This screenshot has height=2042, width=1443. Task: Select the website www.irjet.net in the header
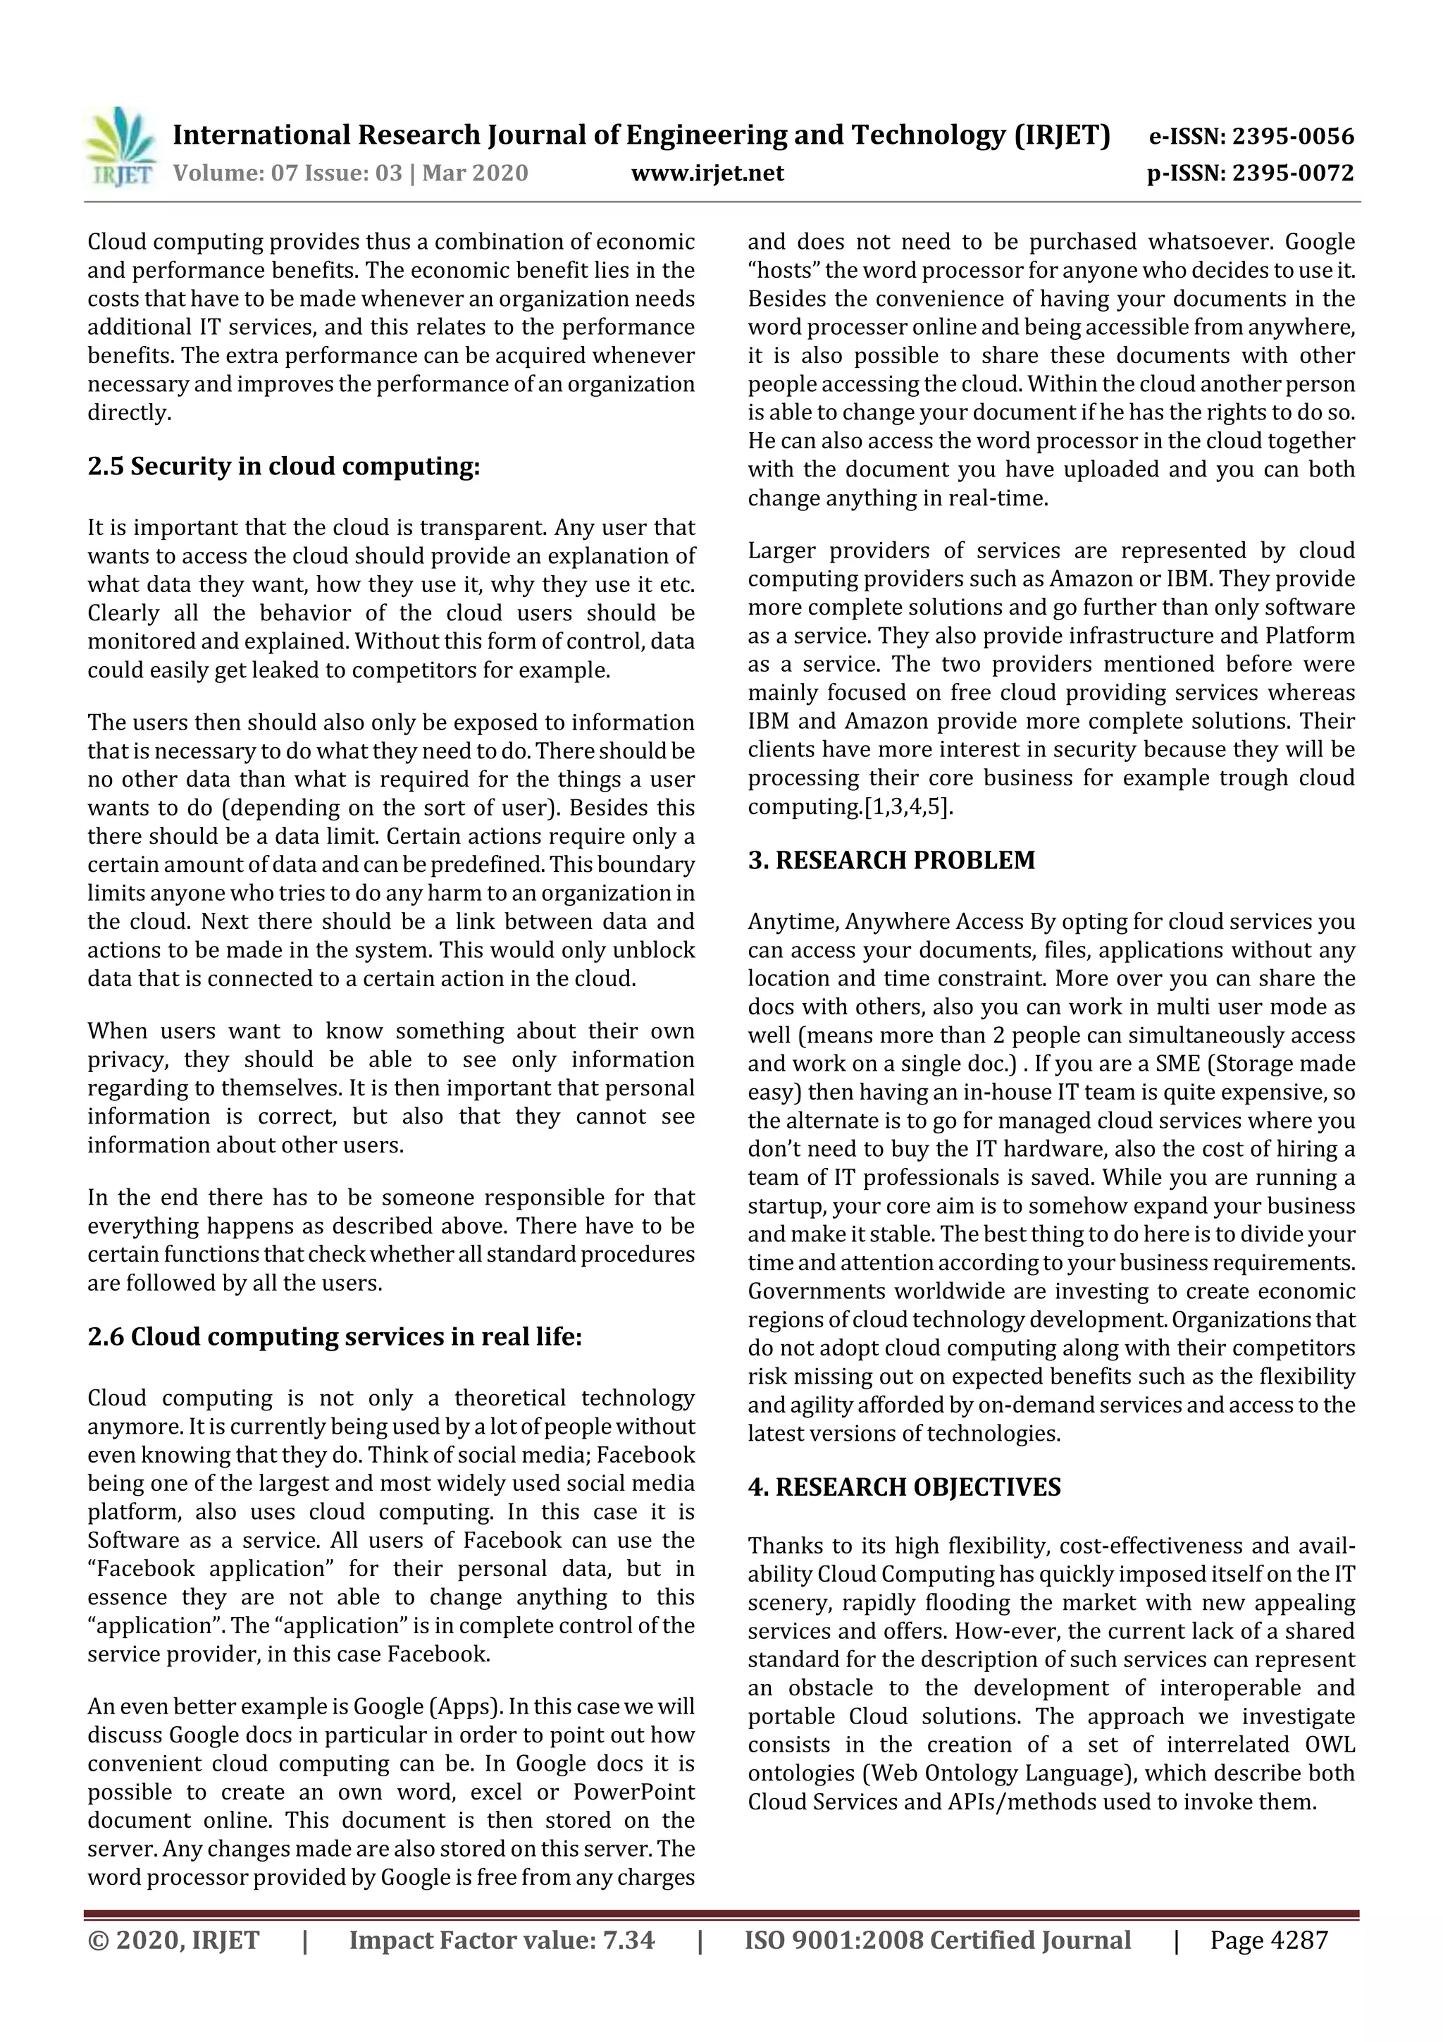coord(707,173)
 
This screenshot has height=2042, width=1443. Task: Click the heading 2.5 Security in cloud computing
coord(284,467)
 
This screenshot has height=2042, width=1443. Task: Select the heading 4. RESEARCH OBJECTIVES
coord(903,1487)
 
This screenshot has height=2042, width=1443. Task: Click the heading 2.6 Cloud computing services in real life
coord(334,1336)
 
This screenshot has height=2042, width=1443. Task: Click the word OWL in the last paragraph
coord(1330,1744)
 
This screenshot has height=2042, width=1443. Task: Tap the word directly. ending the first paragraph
coord(129,412)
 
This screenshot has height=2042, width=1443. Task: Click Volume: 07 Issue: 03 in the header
coord(287,173)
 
